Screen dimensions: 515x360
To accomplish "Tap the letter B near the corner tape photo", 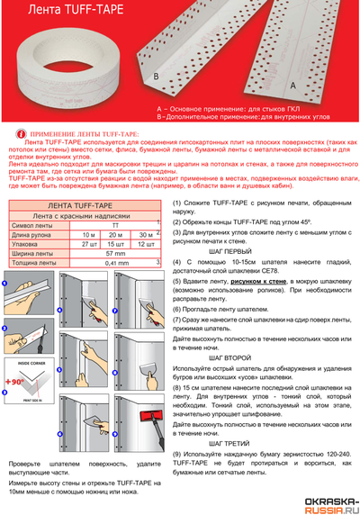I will (157, 77).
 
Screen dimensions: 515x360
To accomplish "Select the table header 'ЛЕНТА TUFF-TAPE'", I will (82, 205).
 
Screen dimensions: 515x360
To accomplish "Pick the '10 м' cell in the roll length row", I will (88, 234).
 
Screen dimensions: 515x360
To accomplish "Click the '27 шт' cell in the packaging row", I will (88, 243).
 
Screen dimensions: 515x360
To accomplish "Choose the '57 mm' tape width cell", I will (115, 253).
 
